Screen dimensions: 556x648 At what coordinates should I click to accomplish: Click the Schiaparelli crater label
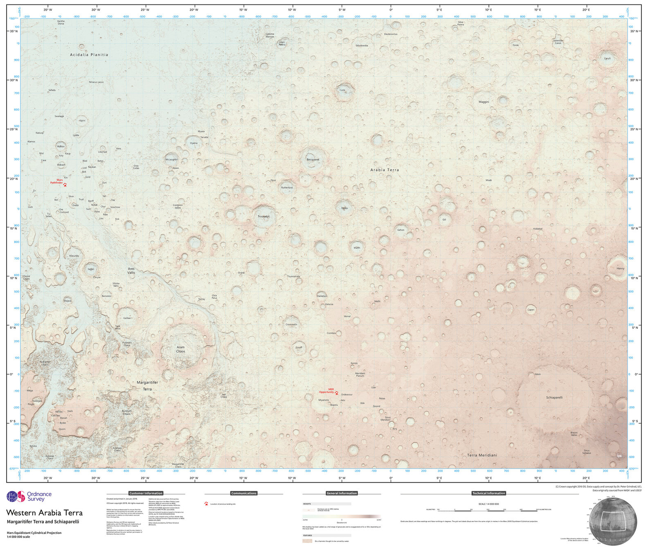coord(554,398)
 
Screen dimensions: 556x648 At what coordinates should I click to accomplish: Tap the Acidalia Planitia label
coord(89,54)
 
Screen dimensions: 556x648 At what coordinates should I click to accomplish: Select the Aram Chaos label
coord(180,349)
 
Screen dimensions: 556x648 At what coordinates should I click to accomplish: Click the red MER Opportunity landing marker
coord(337,393)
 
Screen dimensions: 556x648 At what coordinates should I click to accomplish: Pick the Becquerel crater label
coord(313,160)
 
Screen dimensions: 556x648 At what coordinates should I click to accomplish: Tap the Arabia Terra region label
coord(385,170)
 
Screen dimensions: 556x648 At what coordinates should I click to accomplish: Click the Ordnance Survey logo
coord(29,497)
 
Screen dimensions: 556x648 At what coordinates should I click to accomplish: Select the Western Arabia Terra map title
coord(45,513)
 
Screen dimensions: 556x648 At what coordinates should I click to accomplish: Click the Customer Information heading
coord(146,493)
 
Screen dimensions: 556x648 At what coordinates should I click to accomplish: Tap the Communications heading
coord(244,493)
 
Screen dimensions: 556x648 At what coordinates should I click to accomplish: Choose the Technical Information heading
coord(488,493)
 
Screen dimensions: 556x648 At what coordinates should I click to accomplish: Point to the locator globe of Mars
coord(613,521)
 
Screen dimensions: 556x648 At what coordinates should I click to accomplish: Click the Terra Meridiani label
coord(482,455)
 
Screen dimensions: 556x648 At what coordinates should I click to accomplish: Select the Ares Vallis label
coord(131,271)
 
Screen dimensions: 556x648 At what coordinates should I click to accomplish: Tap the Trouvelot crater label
coord(264,216)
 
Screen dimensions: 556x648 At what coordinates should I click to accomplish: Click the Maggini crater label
coord(484,102)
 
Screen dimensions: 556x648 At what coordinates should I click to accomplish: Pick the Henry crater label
coord(621,269)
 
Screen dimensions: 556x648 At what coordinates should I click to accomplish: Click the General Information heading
coord(342,493)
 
